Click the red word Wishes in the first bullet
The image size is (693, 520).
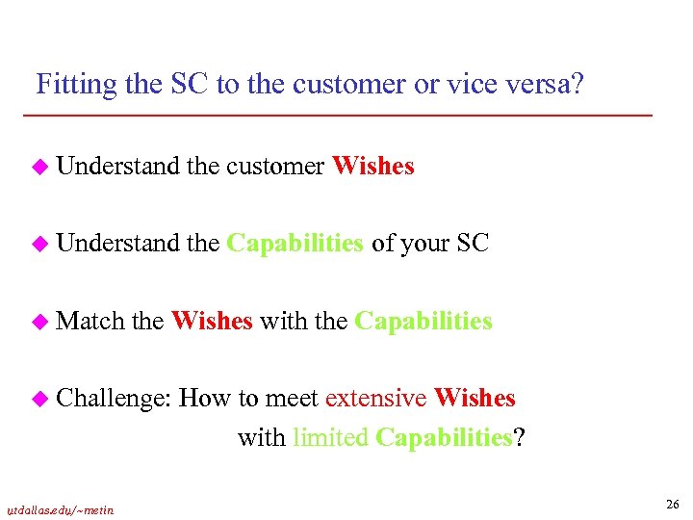click(372, 167)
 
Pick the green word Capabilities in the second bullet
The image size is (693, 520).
click(295, 244)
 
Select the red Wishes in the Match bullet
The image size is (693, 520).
click(212, 321)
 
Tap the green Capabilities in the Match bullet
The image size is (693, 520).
click(423, 321)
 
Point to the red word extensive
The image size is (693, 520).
click(376, 399)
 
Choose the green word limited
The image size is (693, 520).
click(330, 438)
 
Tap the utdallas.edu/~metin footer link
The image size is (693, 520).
click(60, 509)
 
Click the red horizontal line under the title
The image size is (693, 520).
click(337, 117)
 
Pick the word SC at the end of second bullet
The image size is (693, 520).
click(473, 244)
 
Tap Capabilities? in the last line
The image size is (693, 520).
click(450, 438)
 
